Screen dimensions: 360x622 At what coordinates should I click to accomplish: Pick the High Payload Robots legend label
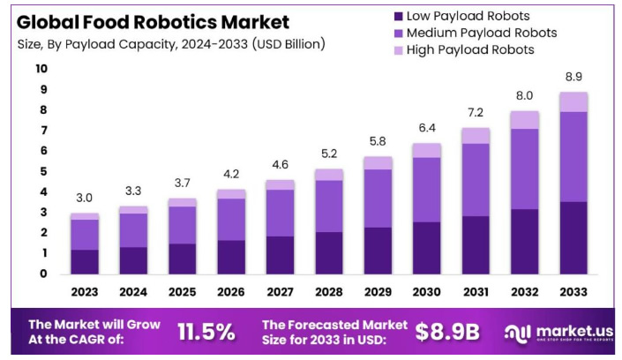[x=471, y=49]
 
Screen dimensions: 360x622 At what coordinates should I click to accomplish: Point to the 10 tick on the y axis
[x=41, y=68]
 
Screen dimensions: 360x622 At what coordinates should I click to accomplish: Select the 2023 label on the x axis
[x=85, y=291]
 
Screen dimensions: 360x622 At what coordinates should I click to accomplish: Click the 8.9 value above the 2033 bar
[x=573, y=77]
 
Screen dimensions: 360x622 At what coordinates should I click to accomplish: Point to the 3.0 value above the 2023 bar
[x=85, y=199]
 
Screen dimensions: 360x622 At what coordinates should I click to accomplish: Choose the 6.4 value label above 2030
[x=427, y=129]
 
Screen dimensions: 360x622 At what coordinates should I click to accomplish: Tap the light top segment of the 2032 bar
[x=525, y=120]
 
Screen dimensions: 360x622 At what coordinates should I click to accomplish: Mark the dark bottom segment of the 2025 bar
[x=183, y=259]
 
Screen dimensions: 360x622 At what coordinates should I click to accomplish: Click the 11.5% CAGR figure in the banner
[x=206, y=331]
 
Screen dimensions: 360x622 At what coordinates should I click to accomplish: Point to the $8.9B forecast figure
[x=447, y=331]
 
